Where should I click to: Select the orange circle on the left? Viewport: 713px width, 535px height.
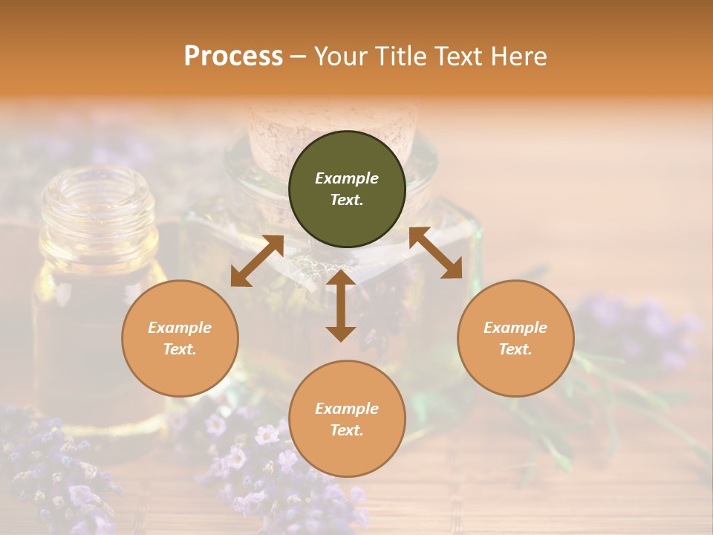pyautogui.click(x=180, y=338)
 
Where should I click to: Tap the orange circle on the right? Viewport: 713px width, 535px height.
pyautogui.click(x=515, y=338)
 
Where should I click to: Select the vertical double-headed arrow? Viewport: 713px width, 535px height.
pyautogui.click(x=341, y=305)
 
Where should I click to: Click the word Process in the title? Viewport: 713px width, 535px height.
pyautogui.click(x=233, y=56)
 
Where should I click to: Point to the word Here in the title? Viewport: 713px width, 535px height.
pyautogui.click(x=519, y=56)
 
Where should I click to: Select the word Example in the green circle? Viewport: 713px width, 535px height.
pyautogui.click(x=347, y=178)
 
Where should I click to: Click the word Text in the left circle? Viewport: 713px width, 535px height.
pyautogui.click(x=180, y=349)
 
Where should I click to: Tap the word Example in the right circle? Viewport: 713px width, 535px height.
pyautogui.click(x=515, y=328)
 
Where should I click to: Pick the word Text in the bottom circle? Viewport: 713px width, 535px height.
pyautogui.click(x=347, y=430)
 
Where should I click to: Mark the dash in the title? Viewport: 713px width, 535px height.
pyautogui.click(x=299, y=56)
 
